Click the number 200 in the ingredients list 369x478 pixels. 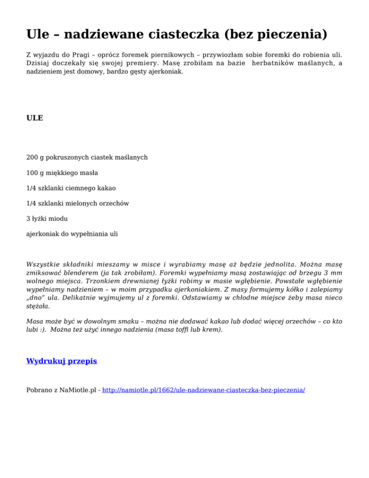(32, 157)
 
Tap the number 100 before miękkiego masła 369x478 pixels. (32, 173)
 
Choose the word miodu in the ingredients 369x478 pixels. (58, 219)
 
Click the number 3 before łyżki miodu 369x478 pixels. (28, 219)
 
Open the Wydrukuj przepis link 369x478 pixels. (61, 361)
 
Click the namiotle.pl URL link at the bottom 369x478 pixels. (204, 390)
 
